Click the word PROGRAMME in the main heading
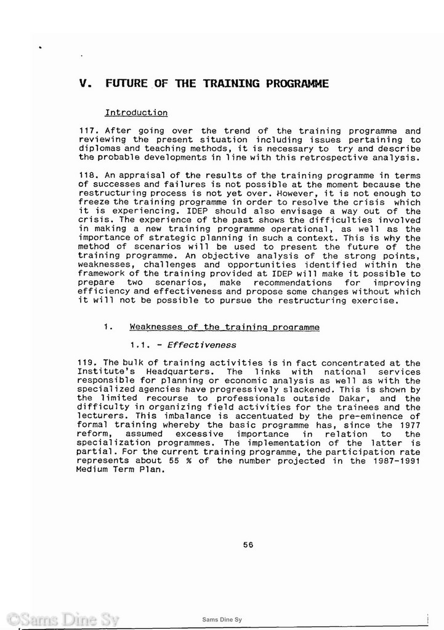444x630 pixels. [x=297, y=83]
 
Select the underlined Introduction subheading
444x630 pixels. [x=136, y=113]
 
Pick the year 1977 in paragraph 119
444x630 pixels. [x=409, y=425]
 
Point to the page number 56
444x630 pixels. [x=248, y=544]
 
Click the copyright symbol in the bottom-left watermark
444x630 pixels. [x=12, y=620]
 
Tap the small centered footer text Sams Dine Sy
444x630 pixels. [x=222, y=620]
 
